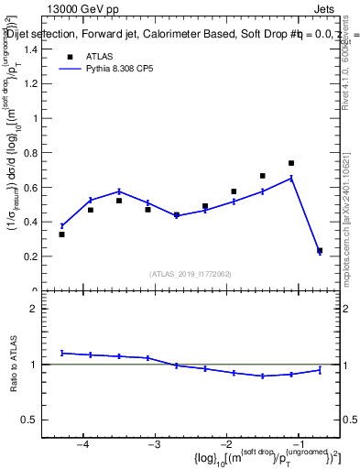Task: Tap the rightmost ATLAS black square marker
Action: [x=320, y=250]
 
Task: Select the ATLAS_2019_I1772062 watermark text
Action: [x=189, y=273]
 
